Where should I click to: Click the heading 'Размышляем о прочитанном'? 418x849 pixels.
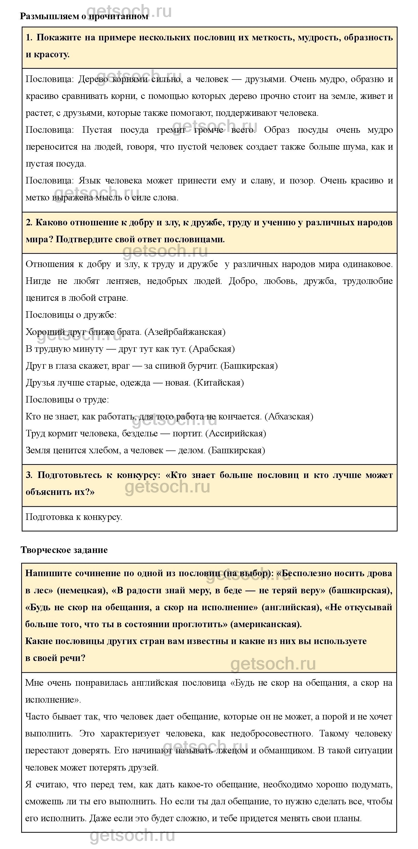point(84,16)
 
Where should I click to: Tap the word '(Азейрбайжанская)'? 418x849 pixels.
point(185,332)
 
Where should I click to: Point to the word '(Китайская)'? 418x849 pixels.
point(219,383)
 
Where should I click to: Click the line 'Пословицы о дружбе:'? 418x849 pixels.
point(71,315)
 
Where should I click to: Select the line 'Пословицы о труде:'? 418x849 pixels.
point(67,400)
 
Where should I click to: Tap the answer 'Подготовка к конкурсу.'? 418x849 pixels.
point(74,517)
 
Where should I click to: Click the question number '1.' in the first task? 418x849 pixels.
point(29,38)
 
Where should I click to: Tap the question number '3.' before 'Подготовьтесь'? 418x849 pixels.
point(29,475)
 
